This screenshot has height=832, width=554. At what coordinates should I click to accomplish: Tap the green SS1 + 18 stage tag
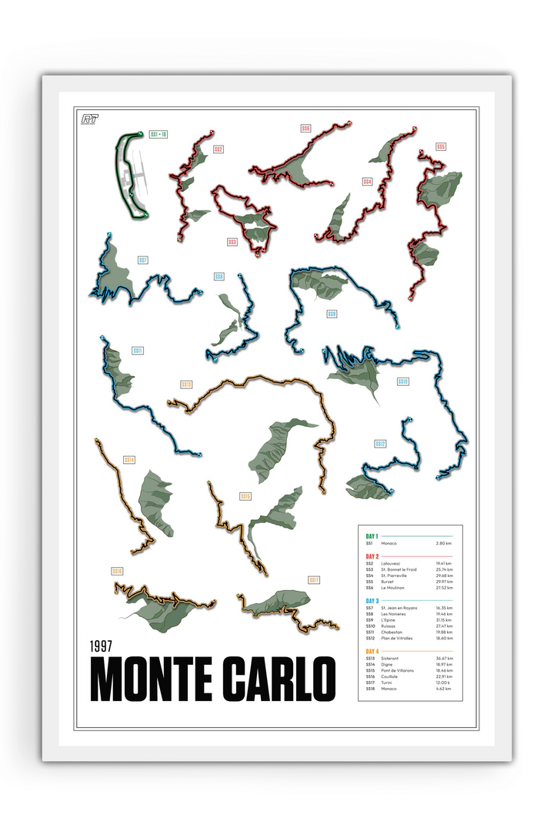(159, 134)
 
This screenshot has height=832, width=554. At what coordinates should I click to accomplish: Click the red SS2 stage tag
(219, 149)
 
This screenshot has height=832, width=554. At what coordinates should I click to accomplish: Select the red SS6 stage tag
(306, 129)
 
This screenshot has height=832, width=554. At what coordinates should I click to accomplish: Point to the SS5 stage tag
(441, 146)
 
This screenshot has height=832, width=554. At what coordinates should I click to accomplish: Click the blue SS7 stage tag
(143, 260)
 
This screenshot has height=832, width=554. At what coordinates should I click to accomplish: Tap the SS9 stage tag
(332, 314)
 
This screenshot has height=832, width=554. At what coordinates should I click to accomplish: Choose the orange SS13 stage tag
(186, 384)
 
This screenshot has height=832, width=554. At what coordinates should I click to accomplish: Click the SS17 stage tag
(313, 580)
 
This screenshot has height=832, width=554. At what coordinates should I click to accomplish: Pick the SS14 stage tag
(129, 460)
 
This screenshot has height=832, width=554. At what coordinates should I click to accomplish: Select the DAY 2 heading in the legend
(372, 555)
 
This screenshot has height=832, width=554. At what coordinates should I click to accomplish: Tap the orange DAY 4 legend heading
(372, 652)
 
